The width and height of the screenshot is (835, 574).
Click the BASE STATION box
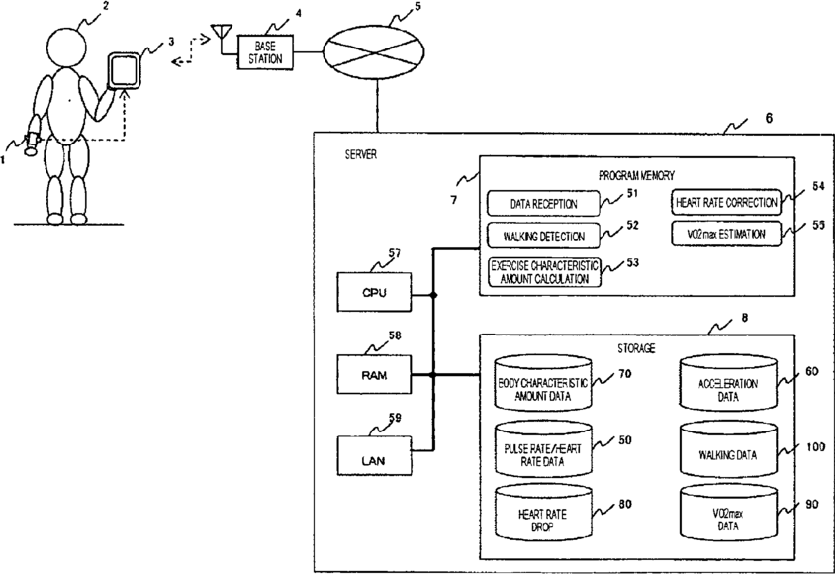pyautogui.click(x=265, y=51)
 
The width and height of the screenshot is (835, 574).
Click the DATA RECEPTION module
pyautogui.click(x=544, y=205)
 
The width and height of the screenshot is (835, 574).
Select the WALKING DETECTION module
pyautogui.click(x=544, y=238)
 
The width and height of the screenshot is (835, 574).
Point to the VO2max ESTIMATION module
pyautogui.click(x=725, y=236)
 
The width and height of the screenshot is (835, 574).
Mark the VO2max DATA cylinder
pyautogui.click(x=727, y=516)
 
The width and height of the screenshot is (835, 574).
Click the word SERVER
pyautogui.click(x=361, y=156)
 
